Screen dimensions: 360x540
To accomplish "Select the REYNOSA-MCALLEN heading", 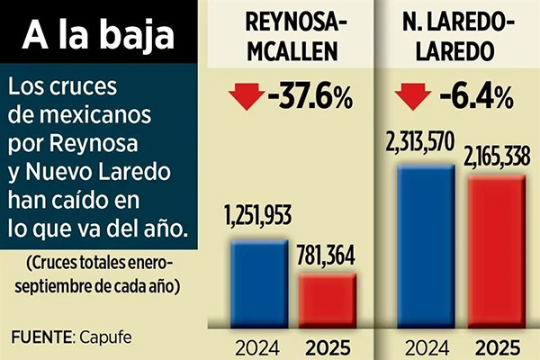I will [290, 37].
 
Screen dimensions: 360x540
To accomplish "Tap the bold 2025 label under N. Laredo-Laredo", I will [497, 346].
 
